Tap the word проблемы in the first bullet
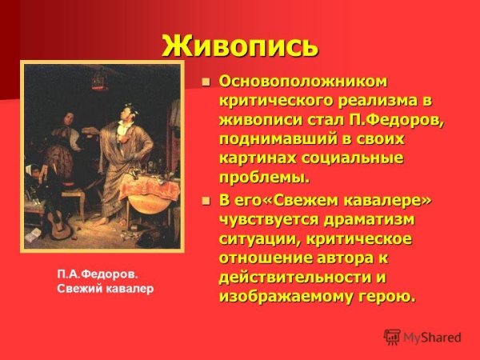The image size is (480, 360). coord(263,177)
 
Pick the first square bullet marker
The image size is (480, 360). coord(206,82)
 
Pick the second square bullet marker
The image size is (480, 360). coord(206,201)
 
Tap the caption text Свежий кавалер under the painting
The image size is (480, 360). coord(104,289)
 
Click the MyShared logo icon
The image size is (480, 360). coord(392,337)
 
